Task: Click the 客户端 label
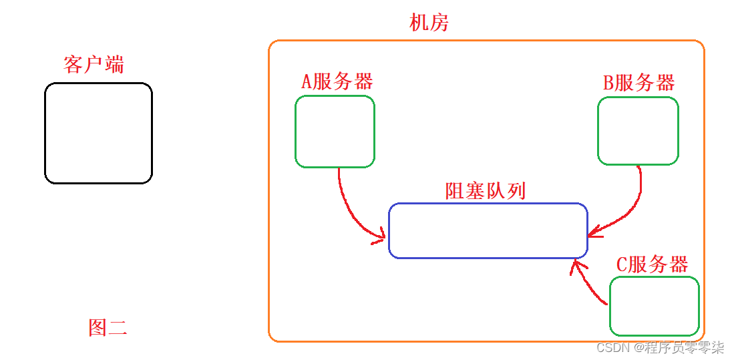[94, 65]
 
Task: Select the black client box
[98, 133]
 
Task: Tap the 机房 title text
[429, 23]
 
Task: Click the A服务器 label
[337, 81]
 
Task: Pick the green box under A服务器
[335, 131]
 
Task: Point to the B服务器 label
[639, 83]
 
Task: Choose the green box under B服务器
[638, 131]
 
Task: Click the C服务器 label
[652, 264]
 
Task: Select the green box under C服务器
[654, 306]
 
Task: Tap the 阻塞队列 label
[486, 191]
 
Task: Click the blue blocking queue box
[488, 230]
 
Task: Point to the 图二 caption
[108, 327]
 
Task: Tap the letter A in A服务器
[307, 82]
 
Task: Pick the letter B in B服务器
[608, 83]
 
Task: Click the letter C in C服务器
[622, 265]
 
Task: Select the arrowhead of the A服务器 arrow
[381, 234]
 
